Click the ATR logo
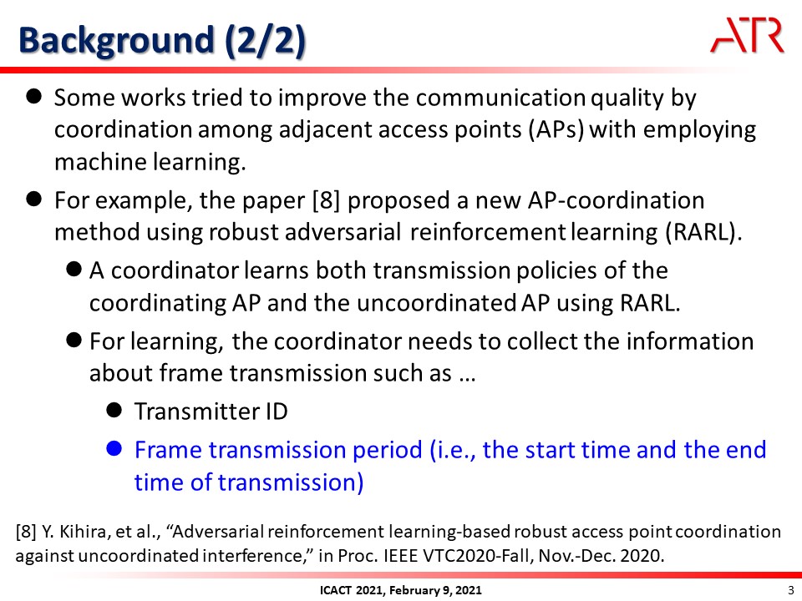point(747,35)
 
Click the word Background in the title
point(116,40)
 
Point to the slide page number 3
point(791,590)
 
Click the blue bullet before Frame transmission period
point(114,449)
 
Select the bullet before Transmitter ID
point(114,410)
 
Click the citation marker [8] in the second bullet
point(327,200)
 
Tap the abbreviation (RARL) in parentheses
point(703,232)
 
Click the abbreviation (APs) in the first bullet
point(556,129)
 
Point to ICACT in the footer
point(335,590)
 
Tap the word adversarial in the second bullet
point(343,232)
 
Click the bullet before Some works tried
point(33,97)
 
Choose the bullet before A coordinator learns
point(74,270)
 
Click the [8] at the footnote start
point(26,532)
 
